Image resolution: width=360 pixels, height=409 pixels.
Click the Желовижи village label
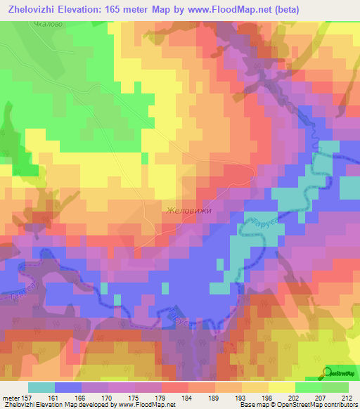point(188,210)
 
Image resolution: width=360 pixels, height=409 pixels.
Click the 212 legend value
point(347,398)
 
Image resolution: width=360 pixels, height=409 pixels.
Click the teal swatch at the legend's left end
point(41,387)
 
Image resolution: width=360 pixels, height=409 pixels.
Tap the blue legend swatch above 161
point(68,387)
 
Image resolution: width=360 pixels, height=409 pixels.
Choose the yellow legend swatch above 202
point(282,387)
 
